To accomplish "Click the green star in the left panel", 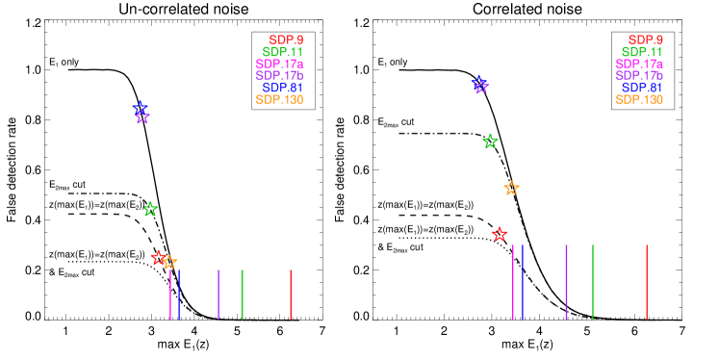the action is coord(150,209).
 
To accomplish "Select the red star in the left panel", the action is coord(159,257).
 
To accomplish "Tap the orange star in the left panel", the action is coord(169,262).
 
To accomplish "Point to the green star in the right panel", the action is coord(490,141).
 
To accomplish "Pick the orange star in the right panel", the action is coord(511,188).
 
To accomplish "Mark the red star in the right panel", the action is coord(500,234).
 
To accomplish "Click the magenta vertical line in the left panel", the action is coord(170,294).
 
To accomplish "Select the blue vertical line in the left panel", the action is coord(179,294).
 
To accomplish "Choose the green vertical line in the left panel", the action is coord(243,294).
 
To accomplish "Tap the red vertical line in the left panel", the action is coord(291,294).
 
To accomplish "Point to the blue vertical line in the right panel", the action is coord(523,281).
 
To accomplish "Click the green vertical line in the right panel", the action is coord(593,281).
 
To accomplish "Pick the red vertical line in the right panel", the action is coord(647,281).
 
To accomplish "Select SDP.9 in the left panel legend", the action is coord(286,39).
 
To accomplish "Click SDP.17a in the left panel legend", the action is coord(279,64).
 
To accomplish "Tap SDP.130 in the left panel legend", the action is coord(279,99).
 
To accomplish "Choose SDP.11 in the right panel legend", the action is coord(642,52).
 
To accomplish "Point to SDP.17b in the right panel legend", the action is coord(639,75).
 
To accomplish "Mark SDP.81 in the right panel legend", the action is coord(642,88).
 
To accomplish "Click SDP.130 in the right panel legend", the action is coord(639,99).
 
